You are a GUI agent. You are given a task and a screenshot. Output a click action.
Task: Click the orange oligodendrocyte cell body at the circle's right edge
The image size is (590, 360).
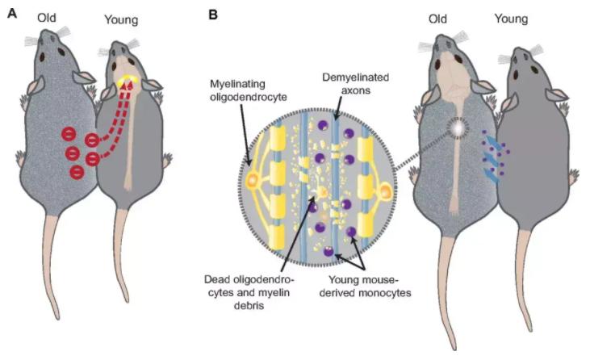coord(387,192)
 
